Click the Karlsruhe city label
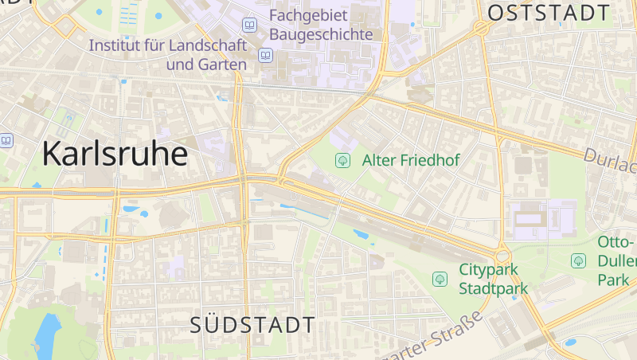(115, 153)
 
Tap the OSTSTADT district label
(549, 13)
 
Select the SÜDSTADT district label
(252, 325)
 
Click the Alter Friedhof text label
(411, 160)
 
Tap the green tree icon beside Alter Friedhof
(342, 160)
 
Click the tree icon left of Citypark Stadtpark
(439, 278)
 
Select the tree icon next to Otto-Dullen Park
(578, 260)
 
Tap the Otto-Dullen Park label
(616, 260)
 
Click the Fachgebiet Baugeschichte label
(321, 25)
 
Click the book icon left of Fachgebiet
(250, 25)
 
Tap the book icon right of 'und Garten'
(265, 55)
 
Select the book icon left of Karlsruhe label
(7, 140)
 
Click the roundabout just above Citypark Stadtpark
(502, 256)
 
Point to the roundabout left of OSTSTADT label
(480, 28)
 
